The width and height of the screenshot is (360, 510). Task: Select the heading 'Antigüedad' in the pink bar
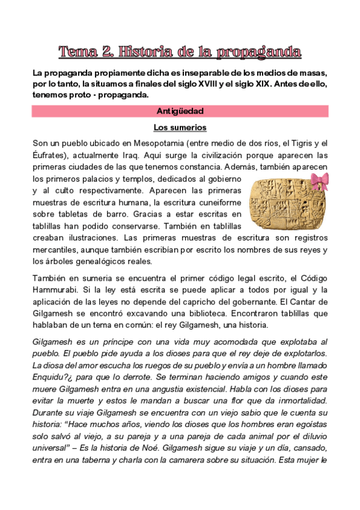pos(180,111)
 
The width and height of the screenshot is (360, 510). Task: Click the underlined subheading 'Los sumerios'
pos(180,127)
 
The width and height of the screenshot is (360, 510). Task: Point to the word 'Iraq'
pos(132,155)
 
